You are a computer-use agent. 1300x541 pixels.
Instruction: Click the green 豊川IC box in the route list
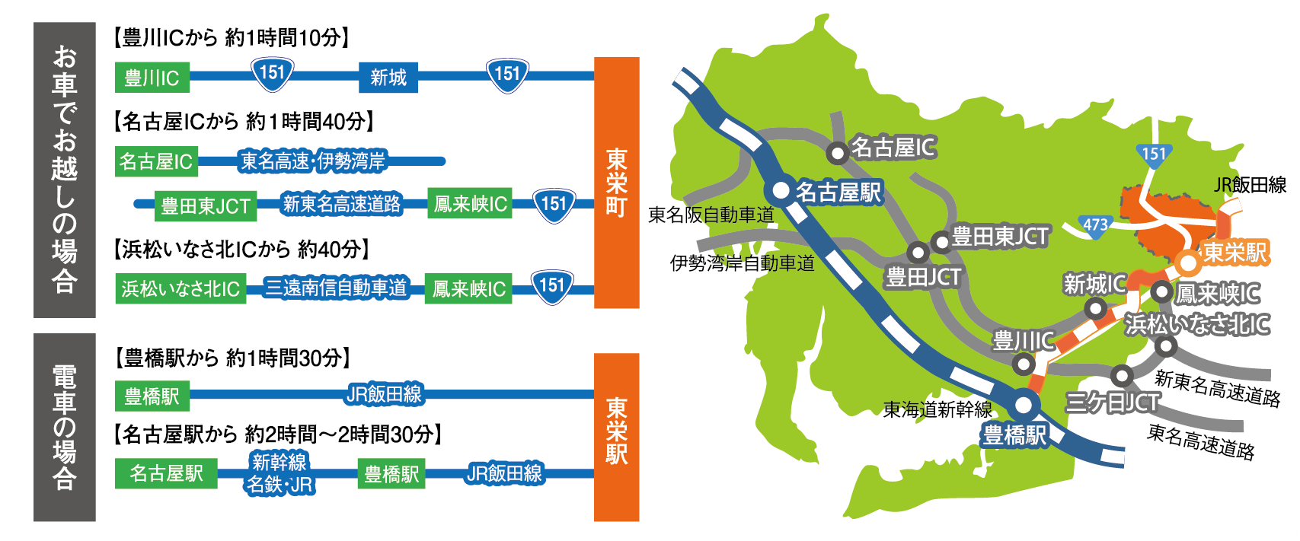click(152, 77)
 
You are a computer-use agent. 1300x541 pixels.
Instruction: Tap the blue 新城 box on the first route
click(388, 77)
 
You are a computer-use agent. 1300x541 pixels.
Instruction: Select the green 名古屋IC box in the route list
click(156, 161)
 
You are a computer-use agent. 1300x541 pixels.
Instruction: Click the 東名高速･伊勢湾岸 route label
click(313, 161)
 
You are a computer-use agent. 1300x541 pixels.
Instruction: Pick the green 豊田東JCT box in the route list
click(206, 205)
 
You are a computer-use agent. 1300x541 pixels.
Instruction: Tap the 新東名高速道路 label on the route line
click(342, 204)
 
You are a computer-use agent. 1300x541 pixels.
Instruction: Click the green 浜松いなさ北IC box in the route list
click(180, 288)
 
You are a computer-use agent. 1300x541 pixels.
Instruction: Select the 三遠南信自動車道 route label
click(336, 288)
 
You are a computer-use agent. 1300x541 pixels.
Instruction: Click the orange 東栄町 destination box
click(616, 183)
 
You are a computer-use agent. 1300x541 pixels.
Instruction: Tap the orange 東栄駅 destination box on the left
click(616, 438)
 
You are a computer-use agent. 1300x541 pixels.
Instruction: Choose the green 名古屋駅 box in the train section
click(166, 473)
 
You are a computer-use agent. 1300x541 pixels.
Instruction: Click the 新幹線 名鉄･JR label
click(279, 473)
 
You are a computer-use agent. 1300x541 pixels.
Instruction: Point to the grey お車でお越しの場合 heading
click(65, 170)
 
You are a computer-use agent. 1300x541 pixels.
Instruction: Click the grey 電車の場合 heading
click(65, 427)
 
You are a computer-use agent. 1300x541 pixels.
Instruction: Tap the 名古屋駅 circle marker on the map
click(781, 190)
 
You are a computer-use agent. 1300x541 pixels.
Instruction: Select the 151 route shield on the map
click(1154, 154)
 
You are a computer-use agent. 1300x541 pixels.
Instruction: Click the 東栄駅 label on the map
click(1235, 253)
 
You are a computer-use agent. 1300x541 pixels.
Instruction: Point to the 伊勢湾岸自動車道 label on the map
click(742, 264)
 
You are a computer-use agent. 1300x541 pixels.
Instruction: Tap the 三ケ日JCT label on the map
click(1113, 403)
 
